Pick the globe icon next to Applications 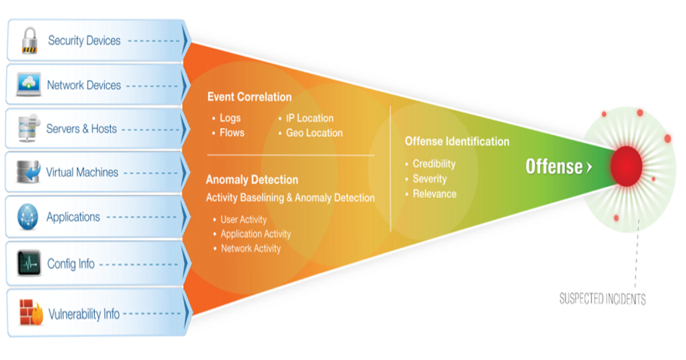28,217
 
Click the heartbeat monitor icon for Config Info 29,263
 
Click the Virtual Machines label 82,172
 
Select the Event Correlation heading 249,97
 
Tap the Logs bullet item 230,118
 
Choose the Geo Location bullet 314,133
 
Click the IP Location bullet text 310,118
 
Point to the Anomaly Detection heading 252,180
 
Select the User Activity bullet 244,219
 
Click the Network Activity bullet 251,249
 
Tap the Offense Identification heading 457,141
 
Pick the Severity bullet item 430,179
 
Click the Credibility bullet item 434,164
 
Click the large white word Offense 554,167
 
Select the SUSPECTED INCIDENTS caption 603,298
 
